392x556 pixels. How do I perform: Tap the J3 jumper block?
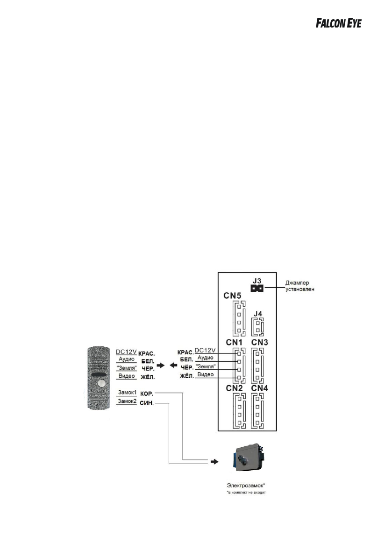256,289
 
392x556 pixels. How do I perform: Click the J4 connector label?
258,314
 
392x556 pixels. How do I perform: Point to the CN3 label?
260,343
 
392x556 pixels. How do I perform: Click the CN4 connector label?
260,388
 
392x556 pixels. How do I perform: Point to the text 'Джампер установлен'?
300,286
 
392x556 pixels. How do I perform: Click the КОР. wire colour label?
147,393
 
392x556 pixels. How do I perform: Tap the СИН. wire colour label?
147,402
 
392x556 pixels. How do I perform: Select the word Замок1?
127,393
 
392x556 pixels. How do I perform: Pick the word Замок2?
127,401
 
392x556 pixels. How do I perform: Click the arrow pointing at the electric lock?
214,462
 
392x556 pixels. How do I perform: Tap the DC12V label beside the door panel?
125,351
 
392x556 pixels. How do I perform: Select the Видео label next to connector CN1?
206,375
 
